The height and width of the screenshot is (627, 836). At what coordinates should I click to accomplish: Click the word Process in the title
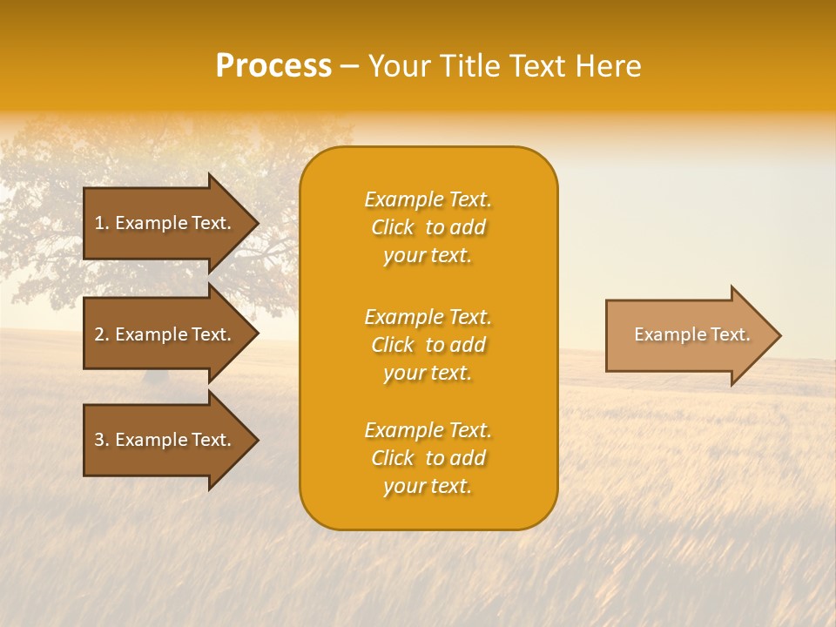click(x=273, y=66)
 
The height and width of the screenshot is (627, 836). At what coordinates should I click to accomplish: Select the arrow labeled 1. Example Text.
click(x=165, y=223)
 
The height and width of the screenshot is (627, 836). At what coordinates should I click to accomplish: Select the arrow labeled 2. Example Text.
click(x=165, y=334)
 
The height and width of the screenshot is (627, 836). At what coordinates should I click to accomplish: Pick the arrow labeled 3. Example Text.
click(x=165, y=440)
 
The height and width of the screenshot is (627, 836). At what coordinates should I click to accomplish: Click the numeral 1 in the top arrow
click(x=98, y=223)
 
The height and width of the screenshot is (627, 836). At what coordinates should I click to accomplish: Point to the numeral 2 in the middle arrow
click(x=98, y=334)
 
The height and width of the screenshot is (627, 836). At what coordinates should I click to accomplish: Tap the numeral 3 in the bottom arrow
click(x=98, y=440)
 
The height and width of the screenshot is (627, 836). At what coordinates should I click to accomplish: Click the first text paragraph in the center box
click(x=428, y=227)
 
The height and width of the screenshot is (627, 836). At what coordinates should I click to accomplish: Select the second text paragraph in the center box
click(x=428, y=345)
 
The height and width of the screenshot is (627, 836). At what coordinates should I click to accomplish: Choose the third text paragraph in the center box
click(x=428, y=458)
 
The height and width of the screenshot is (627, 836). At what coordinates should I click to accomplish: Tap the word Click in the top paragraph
click(x=392, y=227)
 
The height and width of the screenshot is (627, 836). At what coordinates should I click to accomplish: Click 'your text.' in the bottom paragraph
click(x=428, y=487)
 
